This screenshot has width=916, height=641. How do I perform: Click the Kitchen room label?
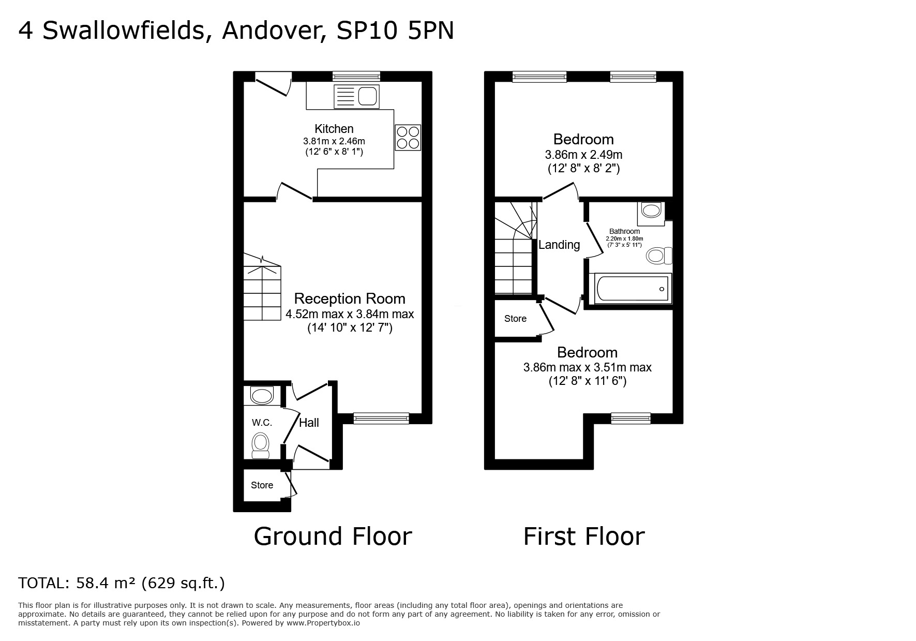(334, 129)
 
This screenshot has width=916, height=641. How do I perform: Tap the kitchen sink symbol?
(357, 97)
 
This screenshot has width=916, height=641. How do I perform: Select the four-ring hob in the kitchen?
(408, 138)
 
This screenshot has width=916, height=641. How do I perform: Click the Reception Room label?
(350, 299)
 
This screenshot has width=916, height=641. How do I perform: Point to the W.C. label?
(262, 423)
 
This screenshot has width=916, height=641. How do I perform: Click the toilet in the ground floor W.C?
(260, 445)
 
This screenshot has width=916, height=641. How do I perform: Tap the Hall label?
(309, 423)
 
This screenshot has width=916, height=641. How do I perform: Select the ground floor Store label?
(262, 485)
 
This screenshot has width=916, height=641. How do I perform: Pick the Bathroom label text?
(624, 231)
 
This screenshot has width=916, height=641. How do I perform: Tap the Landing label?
(559, 245)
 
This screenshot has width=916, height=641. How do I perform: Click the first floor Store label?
(515, 319)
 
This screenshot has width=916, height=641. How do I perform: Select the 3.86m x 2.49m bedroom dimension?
(583, 155)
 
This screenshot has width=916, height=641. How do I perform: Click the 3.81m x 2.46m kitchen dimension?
(334, 141)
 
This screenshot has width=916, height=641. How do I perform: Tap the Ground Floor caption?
(333, 536)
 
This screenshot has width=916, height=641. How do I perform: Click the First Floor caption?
(584, 536)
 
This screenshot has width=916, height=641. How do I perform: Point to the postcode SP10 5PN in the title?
(395, 31)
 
